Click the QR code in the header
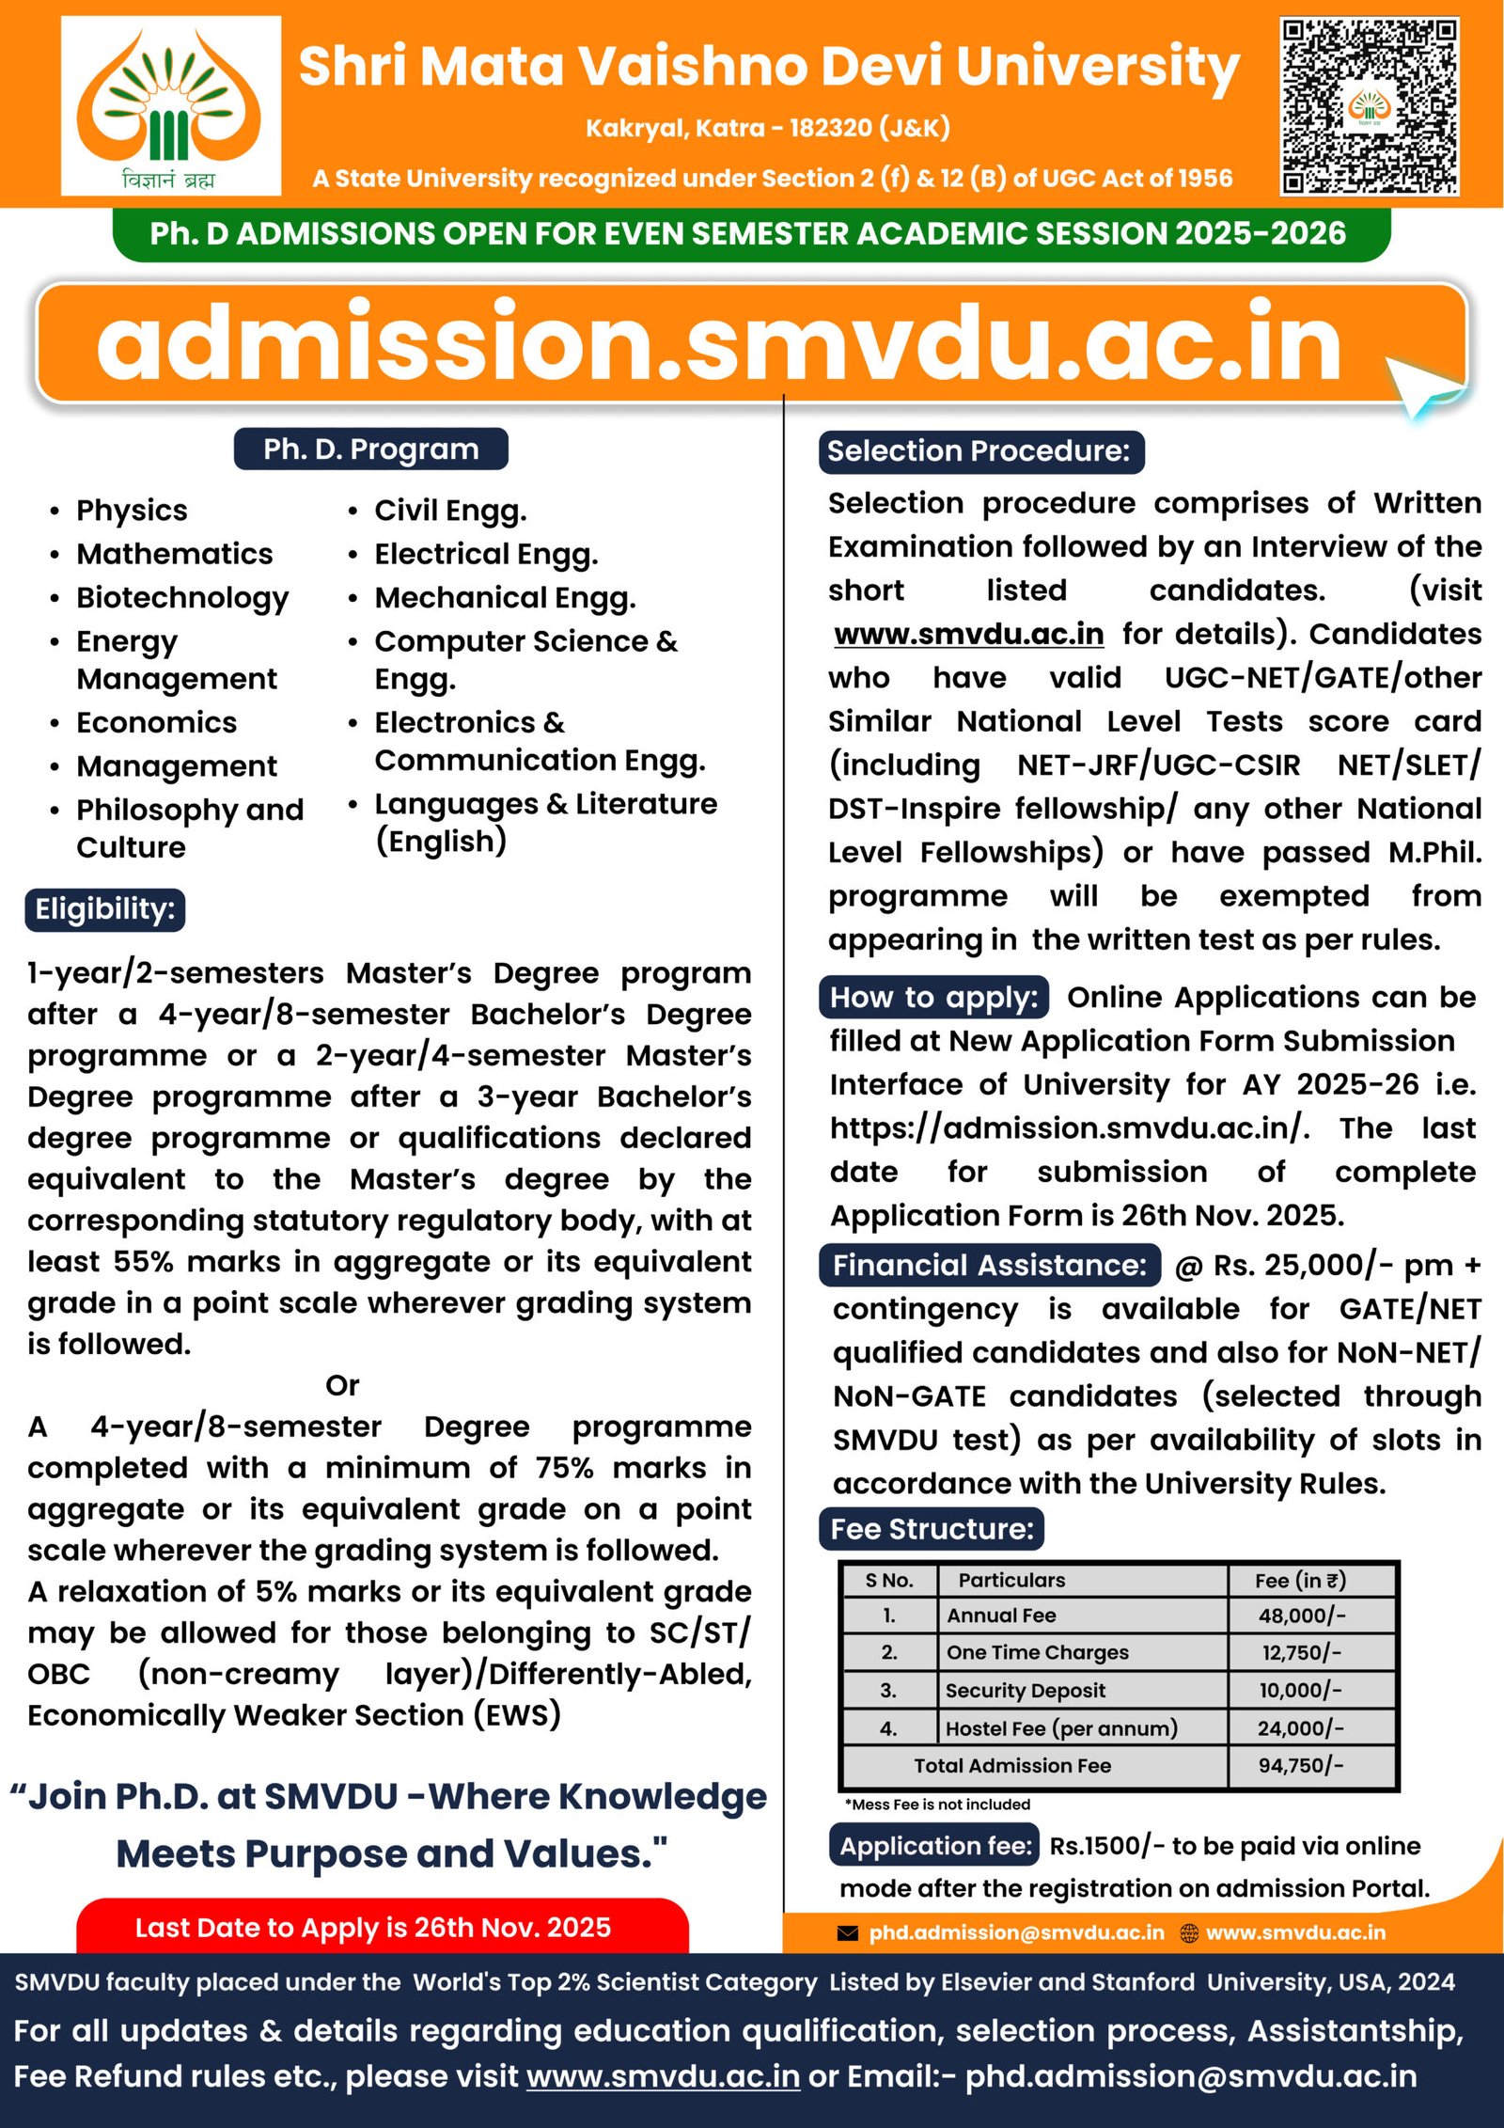(x=1369, y=106)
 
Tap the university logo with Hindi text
(x=171, y=105)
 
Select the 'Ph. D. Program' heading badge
(x=370, y=449)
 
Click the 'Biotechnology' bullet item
(x=182, y=598)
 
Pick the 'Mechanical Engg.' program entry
(x=505, y=598)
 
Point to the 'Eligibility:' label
(x=104, y=909)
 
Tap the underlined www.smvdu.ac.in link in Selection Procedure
(x=969, y=634)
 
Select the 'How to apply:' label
(x=933, y=998)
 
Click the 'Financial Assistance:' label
(x=989, y=1266)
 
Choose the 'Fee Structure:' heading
(x=931, y=1529)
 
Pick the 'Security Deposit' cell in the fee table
(x=1025, y=1691)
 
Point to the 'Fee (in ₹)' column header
(x=1301, y=1581)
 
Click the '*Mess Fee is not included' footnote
(x=937, y=1805)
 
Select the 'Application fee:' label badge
(x=934, y=1846)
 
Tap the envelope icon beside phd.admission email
(x=847, y=1933)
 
